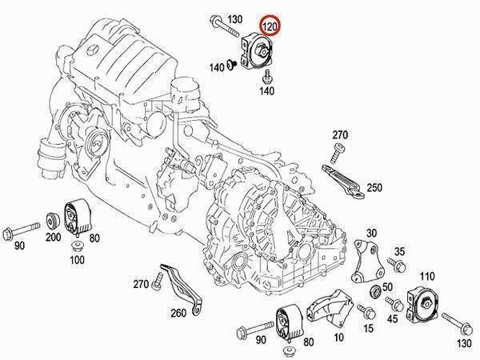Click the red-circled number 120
[270, 26]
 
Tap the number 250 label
[374, 187]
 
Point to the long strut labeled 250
[342, 181]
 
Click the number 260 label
[178, 313]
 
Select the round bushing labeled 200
[53, 221]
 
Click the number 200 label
[54, 237]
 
